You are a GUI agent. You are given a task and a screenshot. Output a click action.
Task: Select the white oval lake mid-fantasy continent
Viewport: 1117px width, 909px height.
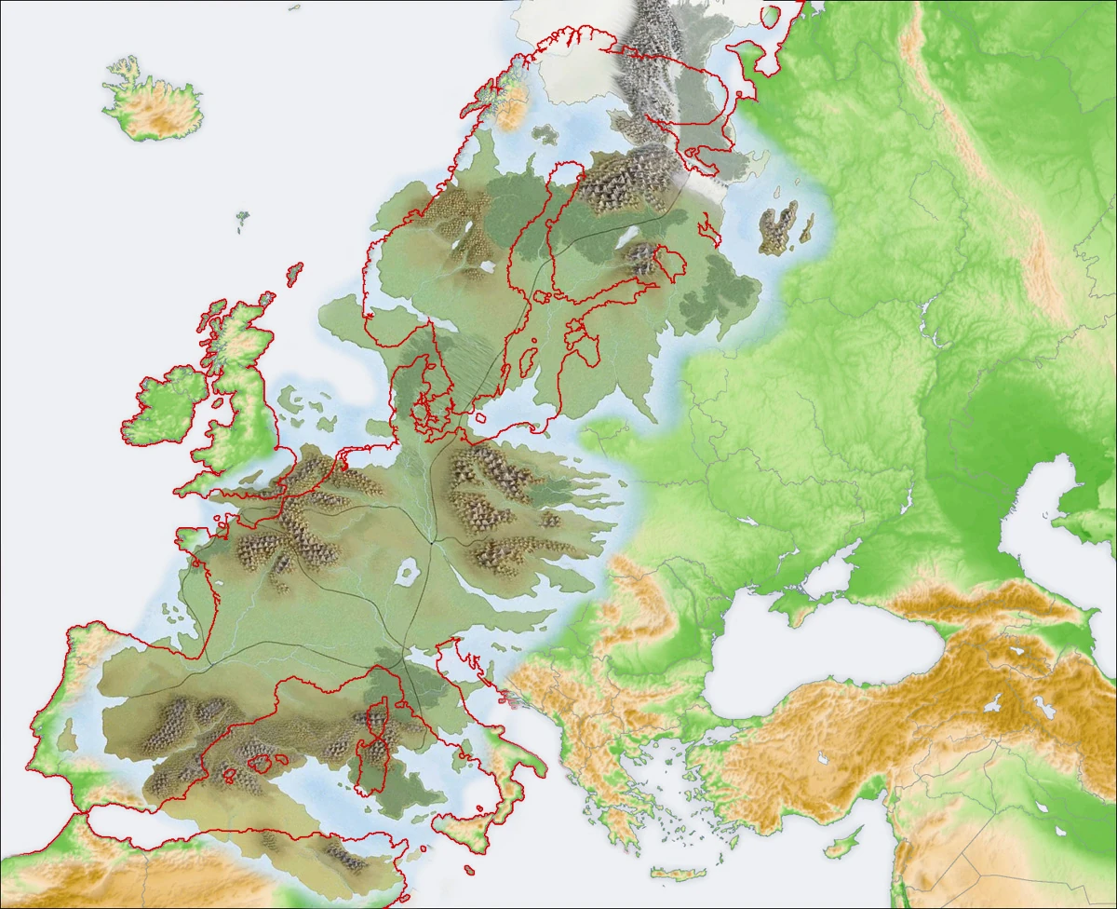click(x=408, y=572)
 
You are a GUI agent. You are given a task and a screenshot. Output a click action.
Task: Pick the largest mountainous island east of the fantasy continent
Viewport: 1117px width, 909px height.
click(x=777, y=229)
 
